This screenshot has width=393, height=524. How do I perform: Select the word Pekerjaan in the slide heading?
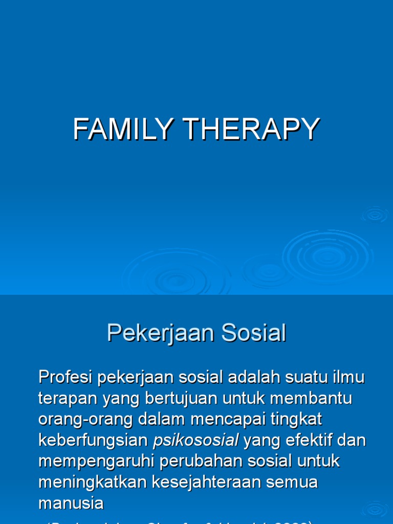[x=161, y=334]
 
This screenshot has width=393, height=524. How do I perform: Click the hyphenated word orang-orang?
[x=83, y=420]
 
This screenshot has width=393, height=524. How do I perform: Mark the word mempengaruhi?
[x=96, y=461]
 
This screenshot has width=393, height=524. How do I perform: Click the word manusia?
[x=71, y=503]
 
